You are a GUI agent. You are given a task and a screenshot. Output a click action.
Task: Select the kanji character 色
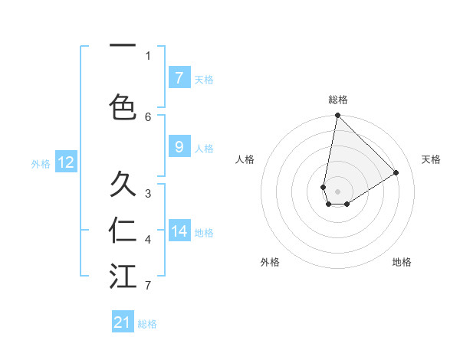coord(123,106)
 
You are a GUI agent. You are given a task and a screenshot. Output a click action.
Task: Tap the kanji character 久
coord(123,185)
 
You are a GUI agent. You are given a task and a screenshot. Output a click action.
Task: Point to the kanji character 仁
coord(123,230)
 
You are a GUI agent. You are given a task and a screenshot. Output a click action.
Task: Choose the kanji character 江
coord(123,276)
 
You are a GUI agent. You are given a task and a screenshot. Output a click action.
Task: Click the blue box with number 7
coord(179,77)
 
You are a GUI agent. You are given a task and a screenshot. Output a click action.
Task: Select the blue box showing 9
coord(179,147)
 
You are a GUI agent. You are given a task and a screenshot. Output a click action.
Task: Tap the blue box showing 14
coord(179,231)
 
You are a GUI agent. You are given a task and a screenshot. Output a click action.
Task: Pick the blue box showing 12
coord(66,162)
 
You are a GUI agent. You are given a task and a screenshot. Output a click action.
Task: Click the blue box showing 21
coord(123,322)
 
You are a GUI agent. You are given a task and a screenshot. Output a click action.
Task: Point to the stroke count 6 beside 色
coord(148,116)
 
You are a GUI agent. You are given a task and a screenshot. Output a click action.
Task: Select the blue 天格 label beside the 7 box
coord(204,79)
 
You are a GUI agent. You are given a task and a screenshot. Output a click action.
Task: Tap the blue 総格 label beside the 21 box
coord(147,324)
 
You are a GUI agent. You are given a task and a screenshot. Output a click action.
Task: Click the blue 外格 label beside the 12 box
coord(41,163)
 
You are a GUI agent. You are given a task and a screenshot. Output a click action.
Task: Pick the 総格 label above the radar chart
coord(338,100)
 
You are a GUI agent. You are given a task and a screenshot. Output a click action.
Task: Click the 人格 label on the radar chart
coord(245,159)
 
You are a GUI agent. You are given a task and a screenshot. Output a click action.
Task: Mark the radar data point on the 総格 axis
coord(337,116)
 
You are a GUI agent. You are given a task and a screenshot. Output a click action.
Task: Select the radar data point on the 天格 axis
coord(396,173)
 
